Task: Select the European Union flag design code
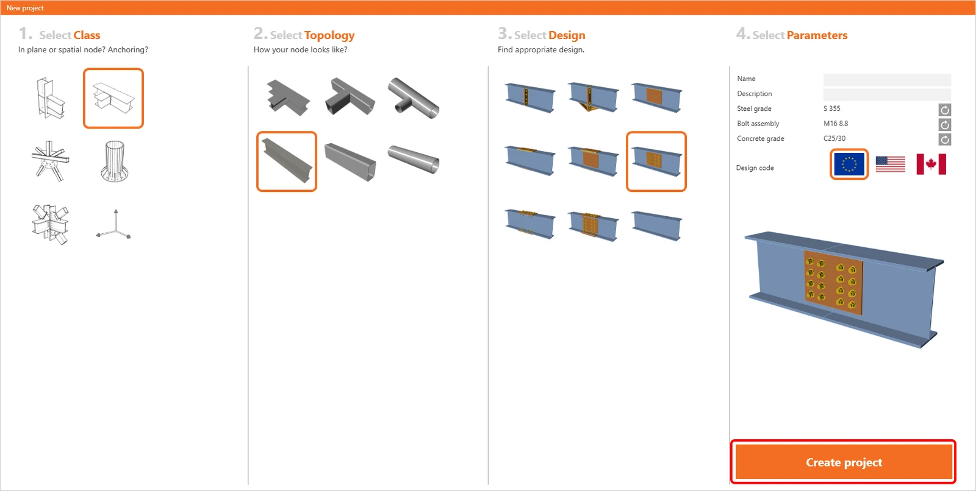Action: point(849,164)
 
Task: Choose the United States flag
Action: point(890,164)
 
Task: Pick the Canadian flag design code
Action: point(931,164)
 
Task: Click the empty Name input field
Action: point(887,79)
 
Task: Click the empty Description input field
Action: point(887,94)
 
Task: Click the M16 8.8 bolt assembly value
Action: point(835,124)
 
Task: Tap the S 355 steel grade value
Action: point(831,108)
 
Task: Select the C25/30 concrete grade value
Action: point(834,138)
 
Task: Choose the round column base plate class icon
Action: point(114,161)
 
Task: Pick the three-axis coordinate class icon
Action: point(113,225)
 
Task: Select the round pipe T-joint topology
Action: point(413,98)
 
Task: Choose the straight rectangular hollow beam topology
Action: point(350,161)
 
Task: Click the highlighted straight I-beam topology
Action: point(287,161)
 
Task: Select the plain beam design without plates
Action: point(656,225)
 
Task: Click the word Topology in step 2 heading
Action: point(329,35)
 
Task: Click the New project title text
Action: point(25,8)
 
